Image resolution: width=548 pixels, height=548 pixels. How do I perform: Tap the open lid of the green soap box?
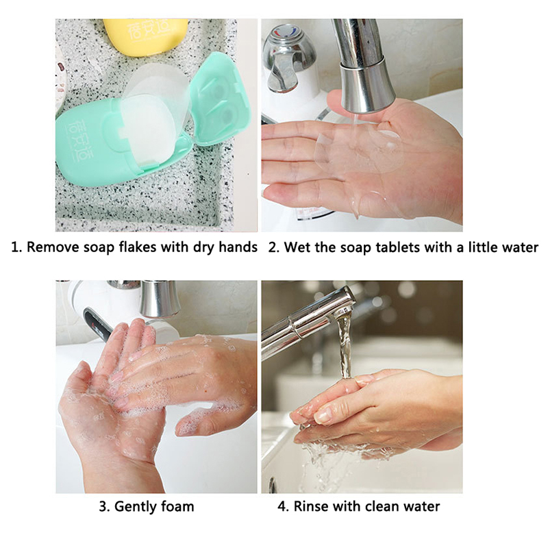pyautogui.click(x=220, y=99)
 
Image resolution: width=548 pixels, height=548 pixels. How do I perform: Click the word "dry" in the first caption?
pyautogui.click(x=204, y=248)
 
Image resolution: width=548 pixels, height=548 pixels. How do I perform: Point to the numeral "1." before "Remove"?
pyautogui.click(x=16, y=247)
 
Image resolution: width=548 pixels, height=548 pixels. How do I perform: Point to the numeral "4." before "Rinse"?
pyautogui.click(x=284, y=507)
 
